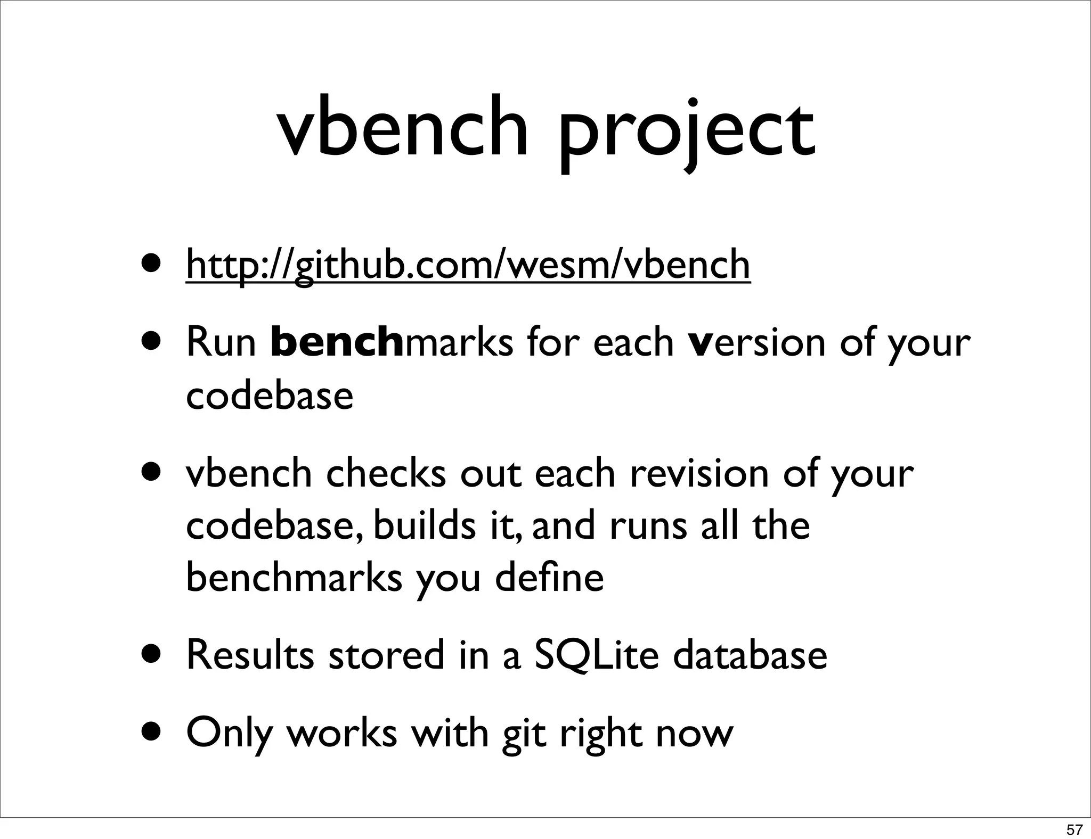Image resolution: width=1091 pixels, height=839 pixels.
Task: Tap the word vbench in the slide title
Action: [402, 128]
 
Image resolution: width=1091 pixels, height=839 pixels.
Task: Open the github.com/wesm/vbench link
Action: [468, 265]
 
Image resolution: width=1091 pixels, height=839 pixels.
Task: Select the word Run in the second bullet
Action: [221, 342]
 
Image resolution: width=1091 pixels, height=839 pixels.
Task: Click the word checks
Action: [386, 473]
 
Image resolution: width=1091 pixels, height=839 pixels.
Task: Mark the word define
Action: [549, 578]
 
